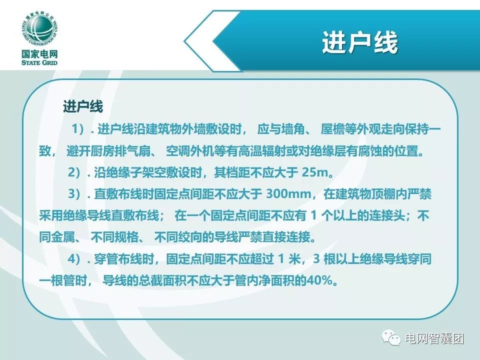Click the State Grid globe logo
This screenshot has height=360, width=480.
tap(40, 29)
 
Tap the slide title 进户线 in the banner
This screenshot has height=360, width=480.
tap(360, 42)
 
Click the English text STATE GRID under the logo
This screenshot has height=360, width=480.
tap(39, 62)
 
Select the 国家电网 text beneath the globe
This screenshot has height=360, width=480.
tap(39, 54)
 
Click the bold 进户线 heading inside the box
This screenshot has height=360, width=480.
tap(83, 106)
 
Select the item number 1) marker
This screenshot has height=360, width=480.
tap(78, 129)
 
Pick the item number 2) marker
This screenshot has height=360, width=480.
tap(74, 172)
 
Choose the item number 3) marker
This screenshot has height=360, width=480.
tap(74, 194)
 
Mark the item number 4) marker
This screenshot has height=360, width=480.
tap(74, 259)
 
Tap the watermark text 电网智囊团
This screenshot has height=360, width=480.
tap(434, 338)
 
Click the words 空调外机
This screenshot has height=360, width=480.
tap(190, 151)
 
